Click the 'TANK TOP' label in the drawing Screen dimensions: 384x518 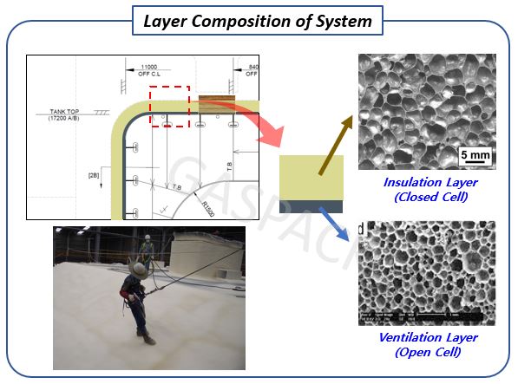coord(62,111)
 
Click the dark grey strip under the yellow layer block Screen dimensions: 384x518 coord(311,205)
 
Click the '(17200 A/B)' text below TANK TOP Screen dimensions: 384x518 coord(62,119)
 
